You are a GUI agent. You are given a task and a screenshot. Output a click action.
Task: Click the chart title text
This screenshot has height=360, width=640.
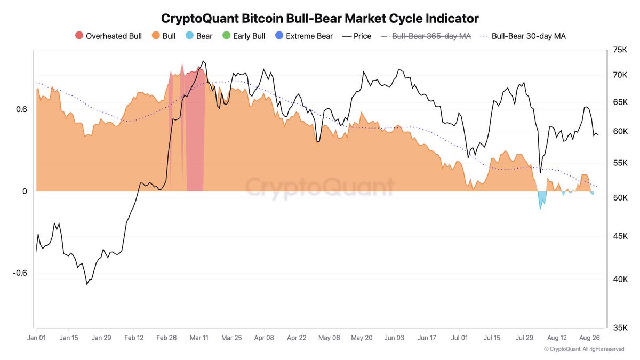point(320,18)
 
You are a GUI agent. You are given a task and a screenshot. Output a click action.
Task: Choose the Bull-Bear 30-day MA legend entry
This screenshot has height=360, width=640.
point(522,36)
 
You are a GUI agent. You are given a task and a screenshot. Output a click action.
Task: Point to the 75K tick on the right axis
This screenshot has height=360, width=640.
point(620,50)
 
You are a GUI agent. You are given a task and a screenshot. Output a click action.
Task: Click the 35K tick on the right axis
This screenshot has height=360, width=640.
point(620,327)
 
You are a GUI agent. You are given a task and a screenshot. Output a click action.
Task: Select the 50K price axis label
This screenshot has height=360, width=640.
point(620,198)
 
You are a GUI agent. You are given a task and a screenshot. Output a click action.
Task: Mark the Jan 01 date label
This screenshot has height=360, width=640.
point(37,338)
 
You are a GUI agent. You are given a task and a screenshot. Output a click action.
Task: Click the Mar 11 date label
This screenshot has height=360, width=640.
point(199,338)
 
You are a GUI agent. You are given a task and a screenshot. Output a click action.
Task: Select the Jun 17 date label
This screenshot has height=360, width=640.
point(426,338)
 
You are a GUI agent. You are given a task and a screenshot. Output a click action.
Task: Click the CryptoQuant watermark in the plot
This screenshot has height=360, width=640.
point(320,187)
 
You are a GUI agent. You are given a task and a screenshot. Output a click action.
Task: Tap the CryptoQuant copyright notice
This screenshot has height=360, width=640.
point(584,349)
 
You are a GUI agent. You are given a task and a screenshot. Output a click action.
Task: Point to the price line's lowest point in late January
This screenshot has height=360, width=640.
point(87,284)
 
